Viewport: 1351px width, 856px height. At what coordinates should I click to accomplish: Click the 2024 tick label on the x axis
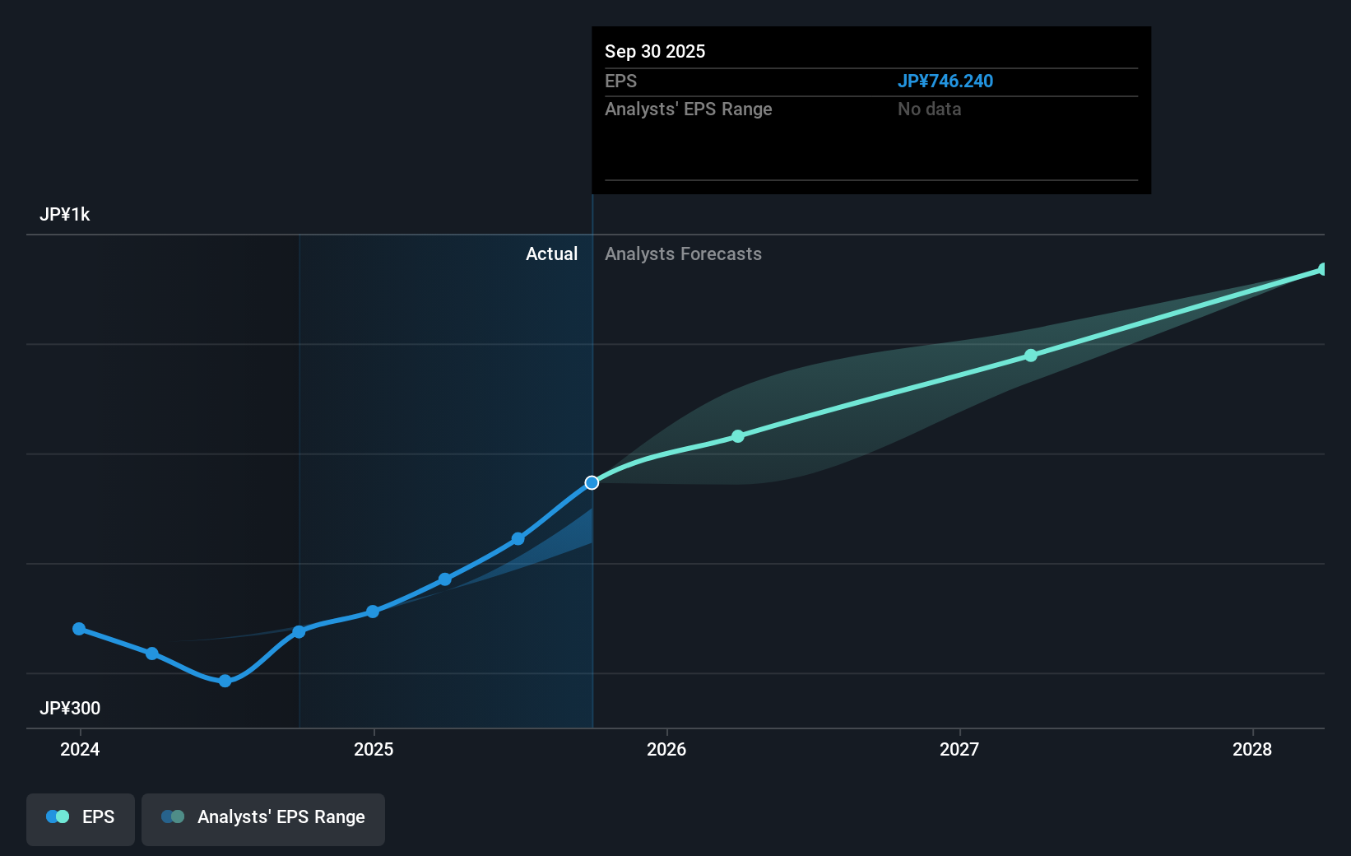click(80, 749)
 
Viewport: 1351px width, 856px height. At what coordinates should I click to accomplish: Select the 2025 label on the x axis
click(374, 749)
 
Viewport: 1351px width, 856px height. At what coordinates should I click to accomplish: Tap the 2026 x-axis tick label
click(666, 749)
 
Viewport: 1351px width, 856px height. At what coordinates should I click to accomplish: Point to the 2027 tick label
click(959, 749)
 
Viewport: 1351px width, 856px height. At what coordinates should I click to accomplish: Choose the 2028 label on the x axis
click(1252, 749)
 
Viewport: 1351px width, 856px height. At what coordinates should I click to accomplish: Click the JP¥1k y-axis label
click(65, 215)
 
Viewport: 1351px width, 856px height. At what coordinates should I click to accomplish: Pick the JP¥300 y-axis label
click(70, 708)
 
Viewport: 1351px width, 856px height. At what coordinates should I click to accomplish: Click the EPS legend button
click(81, 817)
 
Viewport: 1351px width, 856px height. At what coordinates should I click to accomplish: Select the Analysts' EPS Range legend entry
click(263, 817)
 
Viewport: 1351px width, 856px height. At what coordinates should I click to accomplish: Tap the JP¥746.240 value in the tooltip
click(945, 81)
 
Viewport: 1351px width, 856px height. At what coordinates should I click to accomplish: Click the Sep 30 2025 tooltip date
click(655, 52)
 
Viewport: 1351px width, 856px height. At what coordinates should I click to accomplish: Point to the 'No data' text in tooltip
click(929, 109)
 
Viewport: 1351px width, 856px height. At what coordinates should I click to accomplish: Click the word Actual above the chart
click(551, 254)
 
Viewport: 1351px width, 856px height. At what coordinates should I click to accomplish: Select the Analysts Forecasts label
click(683, 254)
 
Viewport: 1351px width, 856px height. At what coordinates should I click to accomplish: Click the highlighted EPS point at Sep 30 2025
click(592, 482)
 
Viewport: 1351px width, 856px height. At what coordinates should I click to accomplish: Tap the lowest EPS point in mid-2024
click(225, 681)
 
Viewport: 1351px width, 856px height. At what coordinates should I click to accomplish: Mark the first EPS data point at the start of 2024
click(79, 629)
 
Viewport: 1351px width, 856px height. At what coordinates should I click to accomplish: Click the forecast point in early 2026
click(738, 436)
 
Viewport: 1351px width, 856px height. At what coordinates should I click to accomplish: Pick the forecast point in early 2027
click(1031, 356)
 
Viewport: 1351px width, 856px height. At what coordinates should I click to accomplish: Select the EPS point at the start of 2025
click(373, 612)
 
